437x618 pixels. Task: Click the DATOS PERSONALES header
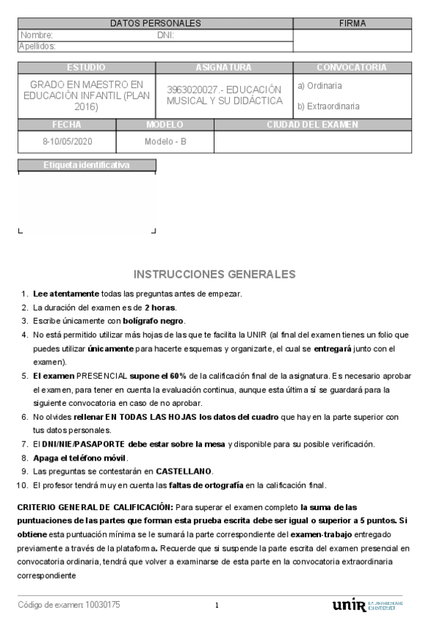155,23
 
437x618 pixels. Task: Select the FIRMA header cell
352,23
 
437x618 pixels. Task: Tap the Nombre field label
36,35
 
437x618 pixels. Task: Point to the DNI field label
166,35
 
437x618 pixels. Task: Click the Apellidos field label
37,46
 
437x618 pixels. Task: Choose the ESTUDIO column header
86,67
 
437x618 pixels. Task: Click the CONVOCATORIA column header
352,67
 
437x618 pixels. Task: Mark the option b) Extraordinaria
328,106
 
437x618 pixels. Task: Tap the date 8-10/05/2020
68,141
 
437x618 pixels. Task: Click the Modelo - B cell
166,141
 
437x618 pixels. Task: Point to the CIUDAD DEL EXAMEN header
312,125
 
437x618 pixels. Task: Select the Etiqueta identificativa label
86,165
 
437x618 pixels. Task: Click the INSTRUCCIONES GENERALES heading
214,275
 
